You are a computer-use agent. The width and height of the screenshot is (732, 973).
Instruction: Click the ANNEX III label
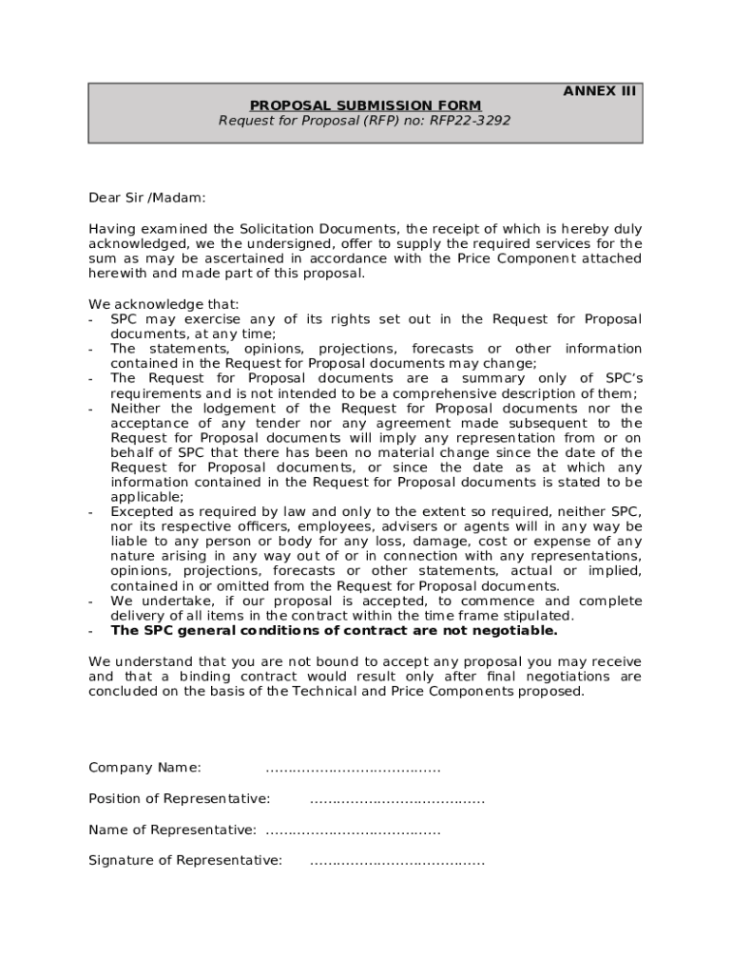coord(599,91)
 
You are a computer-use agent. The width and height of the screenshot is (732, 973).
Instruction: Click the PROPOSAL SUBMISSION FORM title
coord(365,105)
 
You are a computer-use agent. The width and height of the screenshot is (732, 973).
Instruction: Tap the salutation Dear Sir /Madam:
coord(147,198)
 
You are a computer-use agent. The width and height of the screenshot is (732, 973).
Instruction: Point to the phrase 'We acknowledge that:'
coord(164,304)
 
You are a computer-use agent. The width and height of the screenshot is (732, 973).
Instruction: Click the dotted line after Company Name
coord(353,768)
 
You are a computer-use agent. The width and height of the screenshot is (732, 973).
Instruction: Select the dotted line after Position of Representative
coord(396,799)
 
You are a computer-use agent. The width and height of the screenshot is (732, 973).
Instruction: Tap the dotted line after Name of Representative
coord(353,830)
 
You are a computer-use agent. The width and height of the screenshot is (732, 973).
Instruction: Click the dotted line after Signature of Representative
coord(396,861)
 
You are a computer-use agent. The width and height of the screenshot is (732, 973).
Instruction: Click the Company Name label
coord(144,768)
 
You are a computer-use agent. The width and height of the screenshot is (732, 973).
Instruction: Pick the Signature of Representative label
coord(185,861)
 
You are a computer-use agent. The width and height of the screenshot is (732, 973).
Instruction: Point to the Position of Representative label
coord(179,799)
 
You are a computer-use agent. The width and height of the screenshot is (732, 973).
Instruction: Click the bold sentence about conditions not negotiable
coord(335,631)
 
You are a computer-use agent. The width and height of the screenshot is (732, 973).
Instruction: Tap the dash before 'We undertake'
coord(91,601)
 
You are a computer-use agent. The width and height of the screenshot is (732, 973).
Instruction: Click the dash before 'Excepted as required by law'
coord(91,512)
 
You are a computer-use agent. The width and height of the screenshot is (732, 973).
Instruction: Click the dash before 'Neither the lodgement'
coord(91,409)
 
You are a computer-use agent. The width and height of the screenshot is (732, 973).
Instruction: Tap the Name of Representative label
coord(172,830)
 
